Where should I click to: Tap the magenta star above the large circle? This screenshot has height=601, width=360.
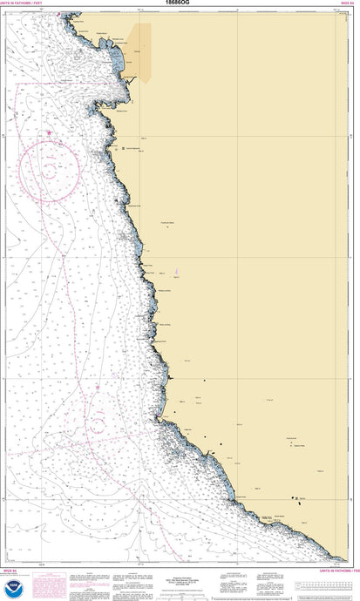coord(50,132)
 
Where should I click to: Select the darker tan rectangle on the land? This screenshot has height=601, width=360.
coord(140,51)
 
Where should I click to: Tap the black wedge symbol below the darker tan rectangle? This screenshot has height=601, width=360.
coord(131,79)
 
